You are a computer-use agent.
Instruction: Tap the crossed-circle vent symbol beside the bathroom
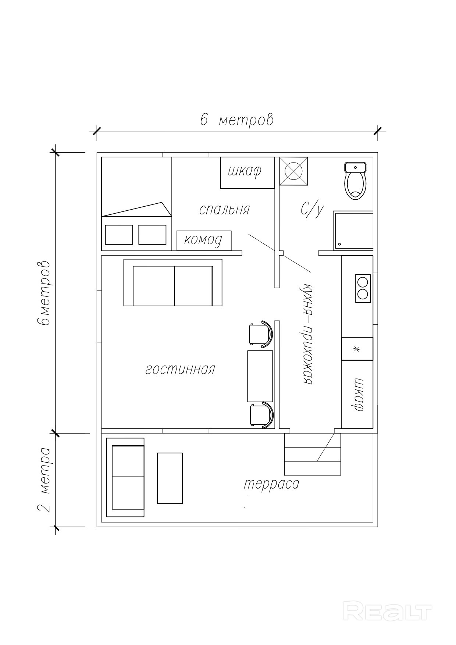tap(293, 171)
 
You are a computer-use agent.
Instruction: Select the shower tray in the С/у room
tap(353, 231)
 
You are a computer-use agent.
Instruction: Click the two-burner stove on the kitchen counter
tap(363, 288)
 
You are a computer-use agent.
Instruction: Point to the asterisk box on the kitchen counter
tap(357, 349)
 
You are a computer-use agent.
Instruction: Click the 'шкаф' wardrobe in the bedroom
tap(247, 173)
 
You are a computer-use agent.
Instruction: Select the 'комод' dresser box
tap(204, 241)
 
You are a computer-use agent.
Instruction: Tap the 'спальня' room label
tap(224, 210)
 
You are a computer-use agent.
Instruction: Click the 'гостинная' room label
tap(180, 369)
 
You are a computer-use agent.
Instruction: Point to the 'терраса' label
tap(272, 484)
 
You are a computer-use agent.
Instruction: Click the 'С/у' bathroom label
tap(312, 210)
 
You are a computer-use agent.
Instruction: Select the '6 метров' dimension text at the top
tap(237, 120)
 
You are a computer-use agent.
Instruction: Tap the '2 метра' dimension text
tap(44, 480)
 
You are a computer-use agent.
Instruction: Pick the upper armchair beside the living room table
tap(261, 334)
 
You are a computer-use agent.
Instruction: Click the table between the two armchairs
tap(260, 376)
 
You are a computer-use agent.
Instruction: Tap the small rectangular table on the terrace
tap(170, 478)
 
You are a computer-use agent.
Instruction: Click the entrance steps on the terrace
tap(313, 455)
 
